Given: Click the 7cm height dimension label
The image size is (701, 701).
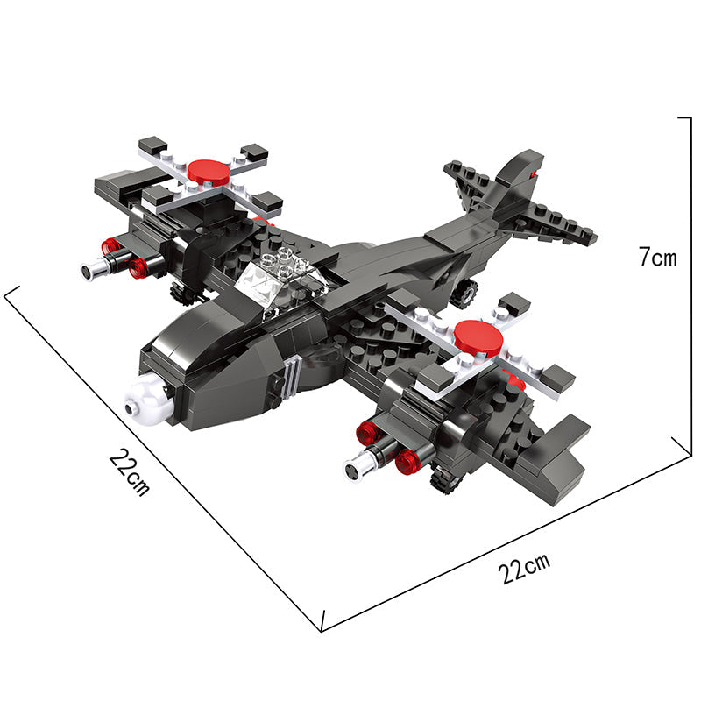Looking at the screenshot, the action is pos(657,257).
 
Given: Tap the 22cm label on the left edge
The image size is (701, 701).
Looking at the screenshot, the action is pos(130,472).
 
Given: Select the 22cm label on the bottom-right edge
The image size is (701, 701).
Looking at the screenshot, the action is pos(524,568).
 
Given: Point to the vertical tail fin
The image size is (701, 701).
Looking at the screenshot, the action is pos(519,183).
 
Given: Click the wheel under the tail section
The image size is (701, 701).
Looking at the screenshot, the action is pos(464,293).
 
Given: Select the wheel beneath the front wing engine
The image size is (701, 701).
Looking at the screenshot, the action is pos(445,478).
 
